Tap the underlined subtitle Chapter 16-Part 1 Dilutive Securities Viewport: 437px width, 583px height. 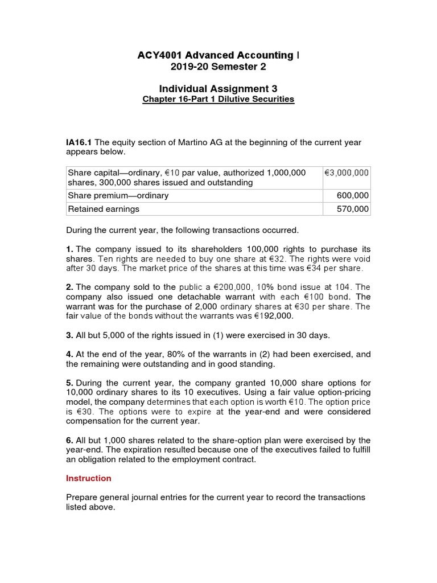point(218,99)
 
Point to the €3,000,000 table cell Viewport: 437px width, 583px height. point(347,173)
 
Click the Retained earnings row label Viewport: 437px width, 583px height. point(104,209)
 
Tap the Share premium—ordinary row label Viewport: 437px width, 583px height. point(118,195)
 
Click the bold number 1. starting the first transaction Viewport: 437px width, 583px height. point(69,249)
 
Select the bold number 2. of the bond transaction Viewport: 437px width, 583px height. point(69,287)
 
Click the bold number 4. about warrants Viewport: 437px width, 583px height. point(69,354)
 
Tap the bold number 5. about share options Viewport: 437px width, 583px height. point(69,383)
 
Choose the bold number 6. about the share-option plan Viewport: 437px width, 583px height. point(69,440)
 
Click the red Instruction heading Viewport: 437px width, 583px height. point(89,478)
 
